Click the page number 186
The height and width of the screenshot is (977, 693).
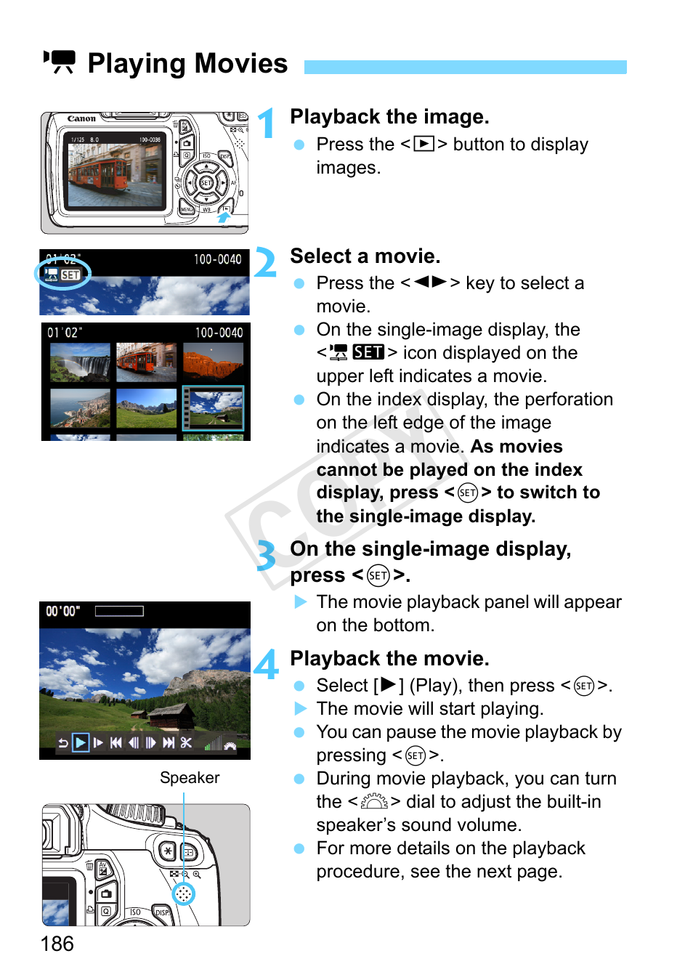tap(57, 944)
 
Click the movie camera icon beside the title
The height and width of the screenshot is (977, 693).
tap(60, 62)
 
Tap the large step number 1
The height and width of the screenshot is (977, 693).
tap(267, 123)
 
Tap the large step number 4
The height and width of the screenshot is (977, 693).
tap(266, 664)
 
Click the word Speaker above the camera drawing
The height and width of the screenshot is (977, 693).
tap(190, 778)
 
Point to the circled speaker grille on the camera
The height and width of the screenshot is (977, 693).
tap(184, 893)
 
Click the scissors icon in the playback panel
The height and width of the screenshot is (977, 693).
tap(186, 743)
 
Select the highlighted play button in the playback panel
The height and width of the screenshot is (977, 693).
tap(80, 743)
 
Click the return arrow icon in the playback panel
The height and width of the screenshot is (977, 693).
tap(63, 743)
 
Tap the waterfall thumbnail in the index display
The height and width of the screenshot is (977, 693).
tap(80, 362)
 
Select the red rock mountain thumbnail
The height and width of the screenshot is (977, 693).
tap(213, 362)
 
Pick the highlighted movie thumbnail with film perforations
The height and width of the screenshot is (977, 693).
tap(213, 408)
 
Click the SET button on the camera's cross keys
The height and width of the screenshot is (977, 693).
tap(206, 183)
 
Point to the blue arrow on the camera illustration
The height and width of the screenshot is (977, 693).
tap(224, 216)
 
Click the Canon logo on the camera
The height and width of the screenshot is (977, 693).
tap(81, 118)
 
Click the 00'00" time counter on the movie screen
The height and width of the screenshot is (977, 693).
tap(62, 611)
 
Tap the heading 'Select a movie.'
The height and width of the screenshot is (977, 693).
tap(365, 256)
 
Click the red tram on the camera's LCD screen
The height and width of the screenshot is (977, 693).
tap(99, 173)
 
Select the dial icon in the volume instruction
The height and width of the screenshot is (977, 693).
tap(374, 802)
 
